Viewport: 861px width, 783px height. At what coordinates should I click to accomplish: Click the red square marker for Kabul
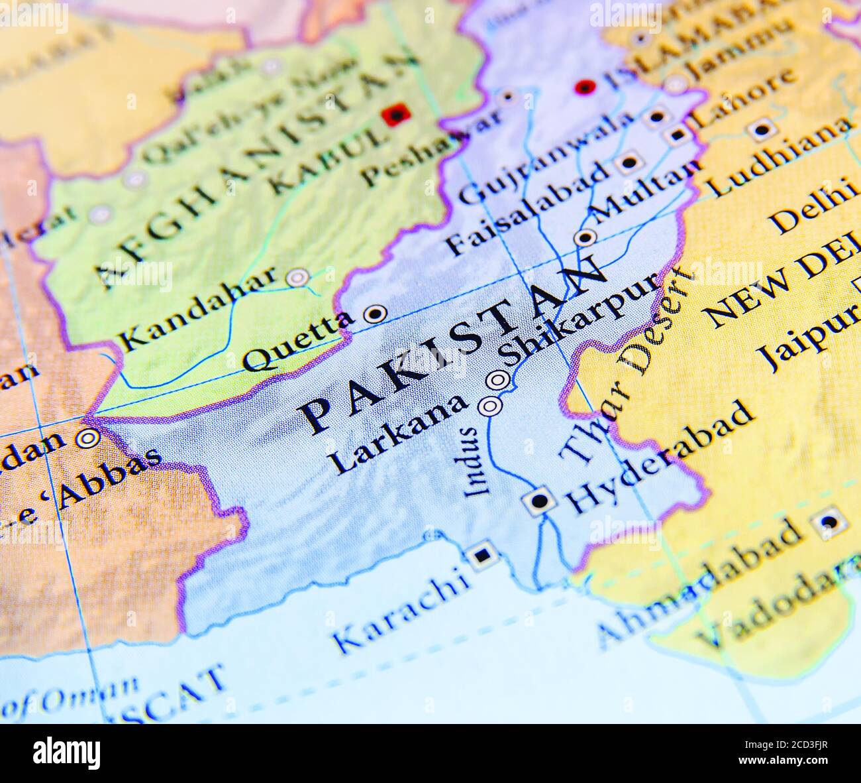pyautogui.click(x=396, y=115)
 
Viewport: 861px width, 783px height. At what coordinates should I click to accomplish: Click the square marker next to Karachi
pyautogui.click(x=482, y=554)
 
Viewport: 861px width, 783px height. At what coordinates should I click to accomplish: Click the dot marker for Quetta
pyautogui.click(x=376, y=313)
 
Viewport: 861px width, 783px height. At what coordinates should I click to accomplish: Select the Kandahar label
pyautogui.click(x=198, y=308)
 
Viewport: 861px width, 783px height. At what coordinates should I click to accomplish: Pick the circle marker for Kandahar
pyautogui.click(x=298, y=277)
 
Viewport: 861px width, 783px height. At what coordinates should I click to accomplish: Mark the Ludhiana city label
pyautogui.click(x=778, y=156)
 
